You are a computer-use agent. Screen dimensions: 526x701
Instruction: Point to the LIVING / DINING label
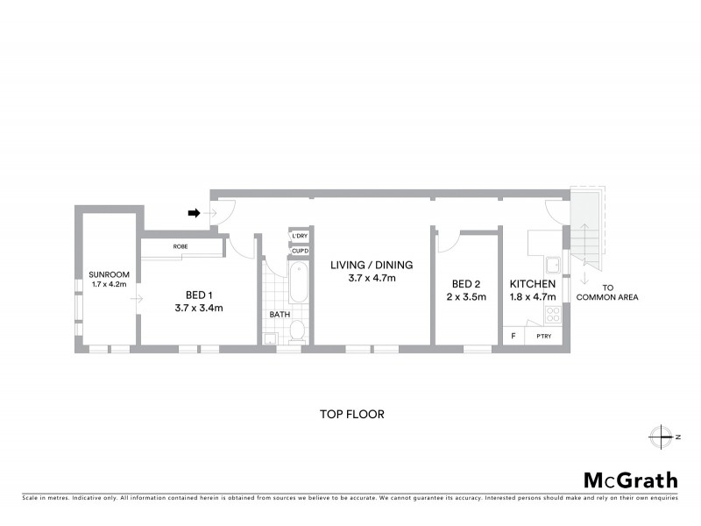[x=372, y=265]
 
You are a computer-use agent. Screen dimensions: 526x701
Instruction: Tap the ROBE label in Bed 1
[x=181, y=247]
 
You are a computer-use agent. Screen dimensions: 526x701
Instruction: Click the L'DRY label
[x=299, y=237]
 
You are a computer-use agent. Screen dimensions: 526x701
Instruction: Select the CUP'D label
[x=299, y=252]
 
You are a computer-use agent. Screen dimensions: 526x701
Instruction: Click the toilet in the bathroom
[x=298, y=331]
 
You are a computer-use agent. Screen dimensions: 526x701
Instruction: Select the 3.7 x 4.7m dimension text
[x=372, y=279]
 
